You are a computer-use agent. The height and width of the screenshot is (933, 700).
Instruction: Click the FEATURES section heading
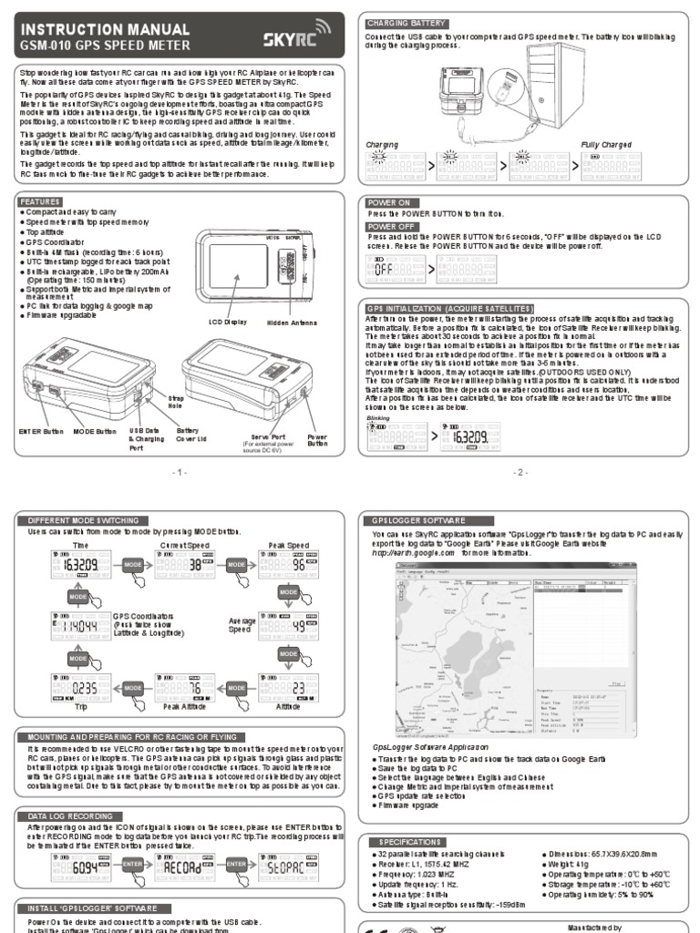point(41,200)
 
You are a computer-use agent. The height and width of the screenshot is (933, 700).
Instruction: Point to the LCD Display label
point(228,322)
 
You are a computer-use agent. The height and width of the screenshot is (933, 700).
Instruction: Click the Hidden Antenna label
point(291,322)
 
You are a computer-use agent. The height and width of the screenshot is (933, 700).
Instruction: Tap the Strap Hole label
point(176,402)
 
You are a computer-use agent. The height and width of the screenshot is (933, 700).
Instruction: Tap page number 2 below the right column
point(520,472)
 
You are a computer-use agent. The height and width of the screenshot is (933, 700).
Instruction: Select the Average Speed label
point(241,625)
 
